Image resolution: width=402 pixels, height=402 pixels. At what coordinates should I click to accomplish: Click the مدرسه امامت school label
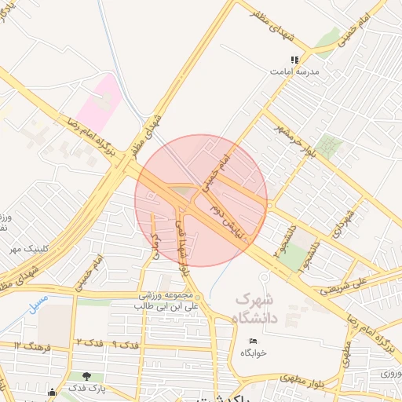coord(293,71)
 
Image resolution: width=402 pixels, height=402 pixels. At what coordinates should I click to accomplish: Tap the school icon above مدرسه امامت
coord(295,60)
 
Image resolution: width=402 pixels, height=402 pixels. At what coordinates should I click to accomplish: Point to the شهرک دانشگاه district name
coord(255,309)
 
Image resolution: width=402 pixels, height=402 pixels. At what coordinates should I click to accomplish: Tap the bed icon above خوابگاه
coord(253,340)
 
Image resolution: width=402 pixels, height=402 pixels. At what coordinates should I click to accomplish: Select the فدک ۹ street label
coord(126,345)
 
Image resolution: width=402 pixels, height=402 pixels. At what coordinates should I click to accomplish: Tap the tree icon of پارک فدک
coord(75,376)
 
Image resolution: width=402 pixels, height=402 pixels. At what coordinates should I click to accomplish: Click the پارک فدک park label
coord(86,389)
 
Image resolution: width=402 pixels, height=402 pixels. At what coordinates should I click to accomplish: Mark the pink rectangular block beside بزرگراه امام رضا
coord(100,105)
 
